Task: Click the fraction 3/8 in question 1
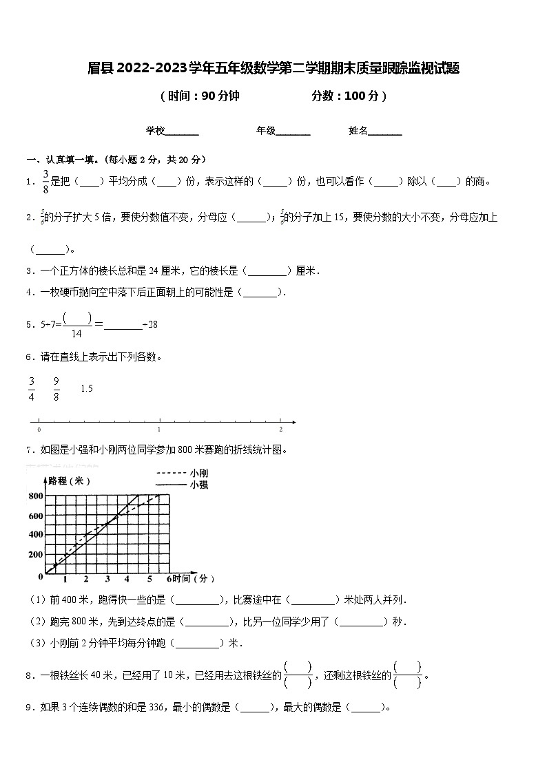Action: click(x=46, y=181)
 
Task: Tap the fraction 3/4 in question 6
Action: click(x=32, y=388)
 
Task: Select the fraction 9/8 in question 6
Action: click(x=56, y=388)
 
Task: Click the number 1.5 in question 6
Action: click(x=87, y=389)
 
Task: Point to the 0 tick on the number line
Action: click(x=39, y=429)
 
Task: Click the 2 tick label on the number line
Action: click(x=280, y=429)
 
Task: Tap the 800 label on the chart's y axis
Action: click(x=35, y=496)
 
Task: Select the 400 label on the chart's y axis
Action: click(x=35, y=535)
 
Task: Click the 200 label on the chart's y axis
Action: click(x=35, y=554)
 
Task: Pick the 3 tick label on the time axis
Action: click(x=107, y=578)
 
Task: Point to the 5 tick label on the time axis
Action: click(x=149, y=578)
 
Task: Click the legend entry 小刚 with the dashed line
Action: click(x=200, y=474)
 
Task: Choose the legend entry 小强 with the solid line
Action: click(x=200, y=485)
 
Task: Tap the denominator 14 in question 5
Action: click(x=76, y=333)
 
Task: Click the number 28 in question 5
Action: click(x=152, y=324)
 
